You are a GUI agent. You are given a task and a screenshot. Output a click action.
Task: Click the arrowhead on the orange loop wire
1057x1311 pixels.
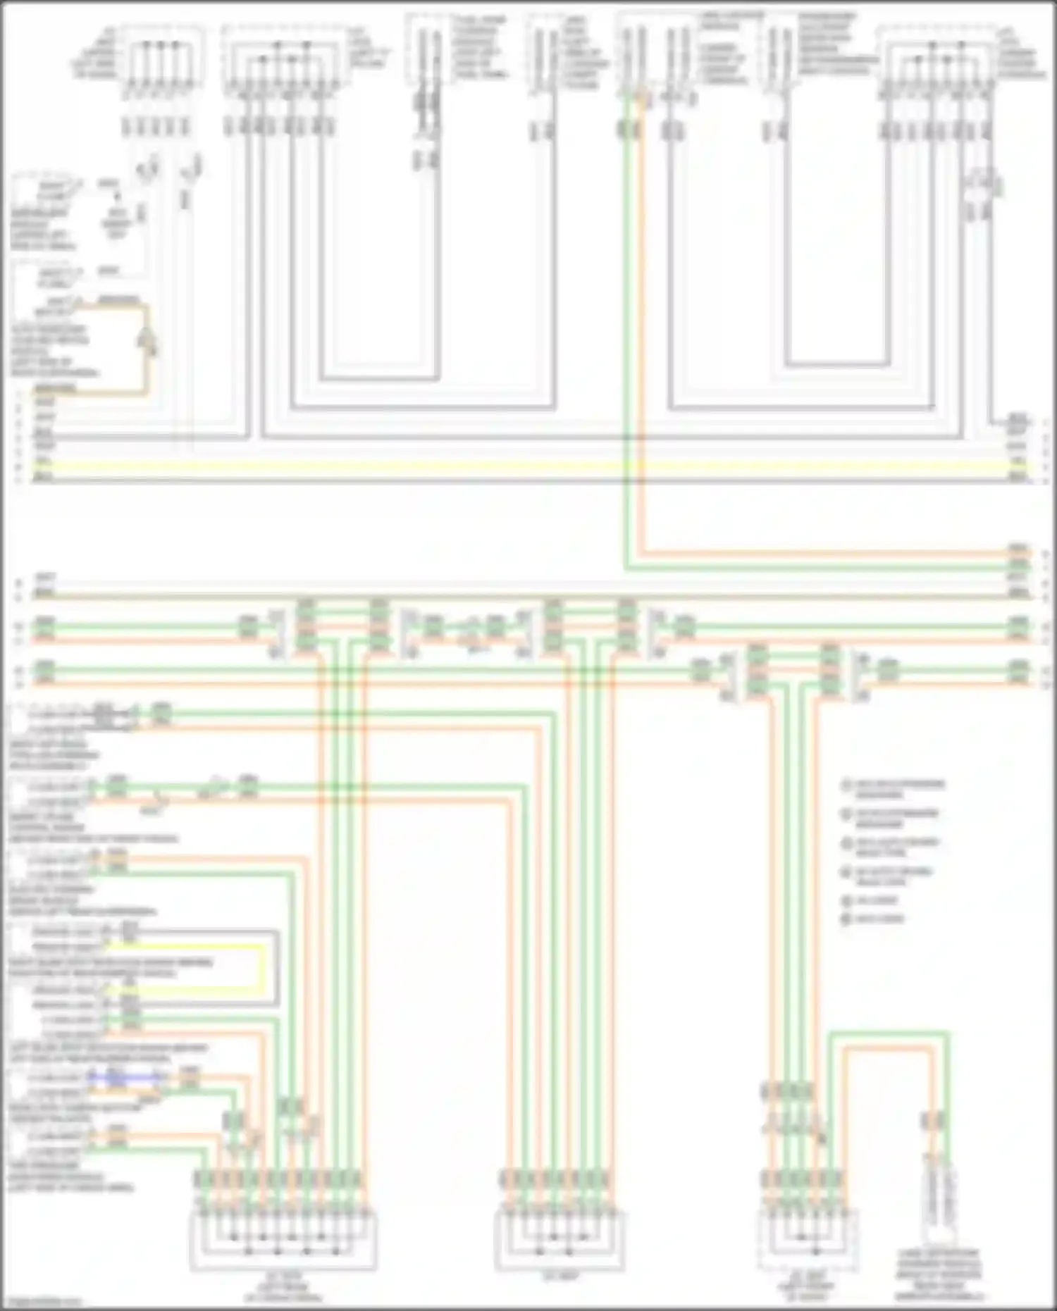149,342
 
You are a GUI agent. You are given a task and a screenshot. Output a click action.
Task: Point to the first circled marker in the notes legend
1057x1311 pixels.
847,784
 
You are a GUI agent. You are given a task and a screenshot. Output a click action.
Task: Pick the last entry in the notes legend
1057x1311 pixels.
874,919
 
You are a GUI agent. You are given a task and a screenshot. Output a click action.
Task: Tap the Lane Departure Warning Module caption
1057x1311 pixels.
938,1275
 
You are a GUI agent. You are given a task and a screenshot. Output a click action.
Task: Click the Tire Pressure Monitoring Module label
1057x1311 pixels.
70,1176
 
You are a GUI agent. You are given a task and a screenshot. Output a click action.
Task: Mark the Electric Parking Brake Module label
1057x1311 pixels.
81,900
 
